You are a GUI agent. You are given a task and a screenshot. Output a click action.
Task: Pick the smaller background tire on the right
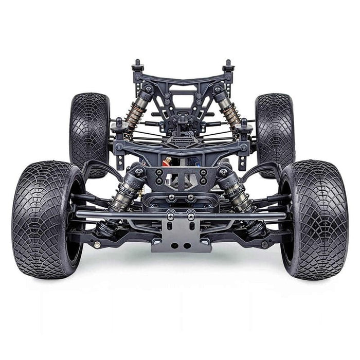click(274, 131)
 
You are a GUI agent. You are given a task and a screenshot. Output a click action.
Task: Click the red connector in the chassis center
click(166, 163)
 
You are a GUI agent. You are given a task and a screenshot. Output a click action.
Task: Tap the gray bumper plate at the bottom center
click(181, 237)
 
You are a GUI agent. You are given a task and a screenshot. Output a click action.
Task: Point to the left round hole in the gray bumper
click(173, 245)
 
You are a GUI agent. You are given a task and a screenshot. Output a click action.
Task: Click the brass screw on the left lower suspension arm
click(96, 245)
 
